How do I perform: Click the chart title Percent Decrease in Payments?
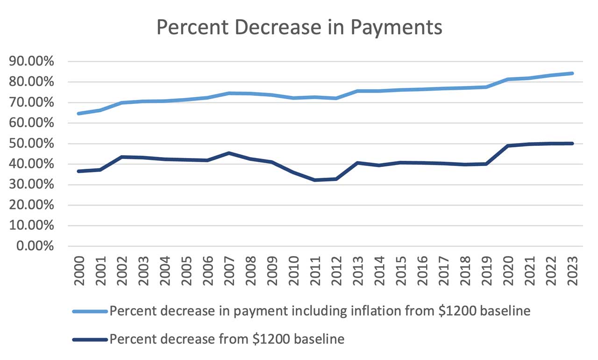click(x=299, y=27)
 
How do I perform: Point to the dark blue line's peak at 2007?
click(x=228, y=153)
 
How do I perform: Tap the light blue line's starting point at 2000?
click(x=78, y=114)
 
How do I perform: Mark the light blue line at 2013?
click(x=357, y=91)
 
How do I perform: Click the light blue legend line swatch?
click(x=90, y=312)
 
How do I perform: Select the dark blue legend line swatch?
click(x=90, y=339)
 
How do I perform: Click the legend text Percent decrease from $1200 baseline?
click(x=227, y=339)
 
